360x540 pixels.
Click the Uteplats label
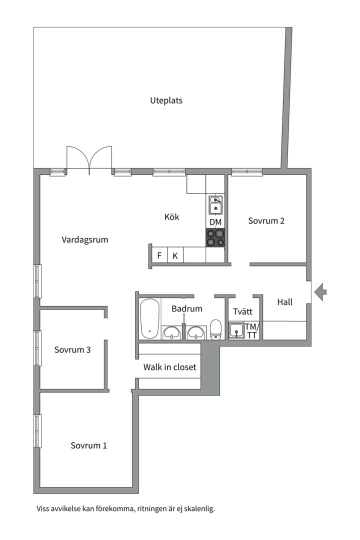tap(166, 100)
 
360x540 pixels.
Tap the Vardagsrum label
tap(84, 239)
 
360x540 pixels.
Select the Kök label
tap(171, 216)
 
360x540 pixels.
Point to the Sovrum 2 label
tap(266, 221)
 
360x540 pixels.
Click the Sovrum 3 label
tap(72, 349)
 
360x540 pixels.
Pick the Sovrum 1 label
tap(88, 445)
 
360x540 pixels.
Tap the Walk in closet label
tap(169, 367)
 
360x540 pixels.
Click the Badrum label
tap(186, 308)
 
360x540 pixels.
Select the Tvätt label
tap(242, 311)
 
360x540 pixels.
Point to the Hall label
tap(284, 302)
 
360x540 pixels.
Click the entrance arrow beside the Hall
tap(320, 292)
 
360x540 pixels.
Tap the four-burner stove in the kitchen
tap(215, 237)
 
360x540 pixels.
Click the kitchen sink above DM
tap(215, 205)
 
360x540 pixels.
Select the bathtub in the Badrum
tap(150, 319)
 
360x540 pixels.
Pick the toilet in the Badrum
tap(215, 330)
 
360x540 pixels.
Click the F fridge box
tap(159, 255)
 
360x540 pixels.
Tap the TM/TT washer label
tap(251, 330)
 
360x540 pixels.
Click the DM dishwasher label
tap(215, 222)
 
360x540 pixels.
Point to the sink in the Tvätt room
tap(236, 330)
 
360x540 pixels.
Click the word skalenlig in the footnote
tap(199, 508)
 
